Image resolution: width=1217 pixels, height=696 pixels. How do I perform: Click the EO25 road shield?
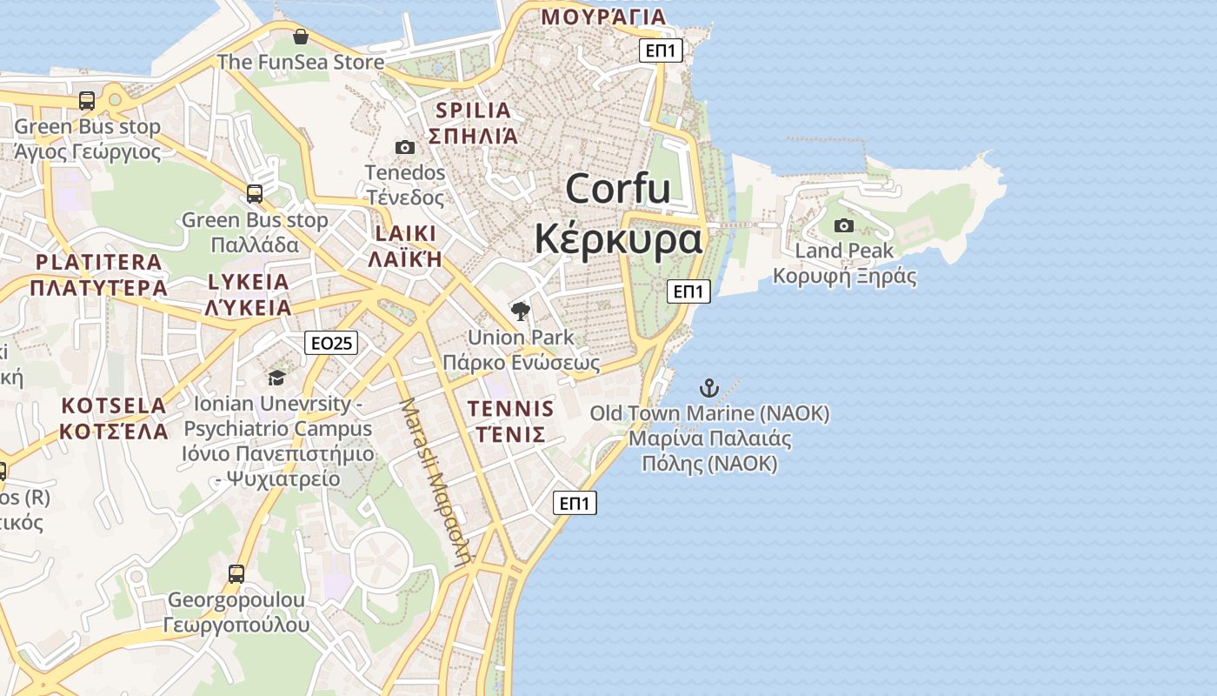tap(332, 343)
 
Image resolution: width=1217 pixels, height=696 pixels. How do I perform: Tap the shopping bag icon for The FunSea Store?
tap(300, 37)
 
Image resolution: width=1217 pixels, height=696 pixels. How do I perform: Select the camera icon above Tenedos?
tap(404, 147)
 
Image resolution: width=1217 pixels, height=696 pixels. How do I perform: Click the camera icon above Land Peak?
tap(843, 226)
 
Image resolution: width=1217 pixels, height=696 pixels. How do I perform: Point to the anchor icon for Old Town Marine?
tap(709, 387)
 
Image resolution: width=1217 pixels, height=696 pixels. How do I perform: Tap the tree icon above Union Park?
tap(520, 311)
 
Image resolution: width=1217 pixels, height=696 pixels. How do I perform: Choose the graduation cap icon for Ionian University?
tap(276, 378)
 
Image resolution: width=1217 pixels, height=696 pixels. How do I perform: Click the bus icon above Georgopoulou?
tap(236, 574)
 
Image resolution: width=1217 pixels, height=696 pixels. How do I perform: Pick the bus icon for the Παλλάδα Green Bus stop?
tap(254, 194)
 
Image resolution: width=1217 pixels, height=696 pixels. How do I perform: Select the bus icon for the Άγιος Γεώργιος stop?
tap(87, 101)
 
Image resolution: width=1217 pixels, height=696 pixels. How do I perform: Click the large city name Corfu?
tap(618, 189)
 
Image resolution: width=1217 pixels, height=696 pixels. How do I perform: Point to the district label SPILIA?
tap(474, 110)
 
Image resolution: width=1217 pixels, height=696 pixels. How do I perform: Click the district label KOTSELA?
tap(114, 405)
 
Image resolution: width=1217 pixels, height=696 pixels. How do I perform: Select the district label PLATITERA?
tap(99, 262)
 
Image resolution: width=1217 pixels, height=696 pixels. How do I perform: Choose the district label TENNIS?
tap(510, 409)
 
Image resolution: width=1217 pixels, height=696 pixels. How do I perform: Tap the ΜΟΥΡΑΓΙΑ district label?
tap(603, 17)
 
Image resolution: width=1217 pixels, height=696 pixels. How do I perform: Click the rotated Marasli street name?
tap(435, 484)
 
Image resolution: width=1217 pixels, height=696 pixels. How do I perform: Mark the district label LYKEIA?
tap(248, 282)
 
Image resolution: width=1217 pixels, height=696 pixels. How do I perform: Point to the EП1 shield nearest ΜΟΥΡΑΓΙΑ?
tap(661, 50)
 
